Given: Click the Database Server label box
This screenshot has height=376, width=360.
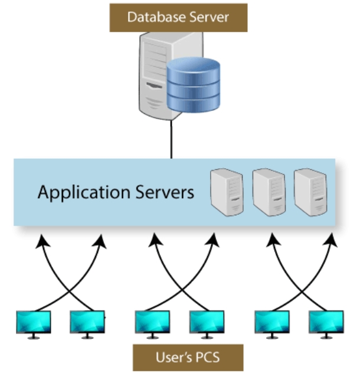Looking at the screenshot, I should (177, 17).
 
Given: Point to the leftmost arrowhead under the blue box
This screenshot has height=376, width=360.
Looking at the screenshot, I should (42, 240).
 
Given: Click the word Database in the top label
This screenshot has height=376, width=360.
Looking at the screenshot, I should (150, 17).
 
